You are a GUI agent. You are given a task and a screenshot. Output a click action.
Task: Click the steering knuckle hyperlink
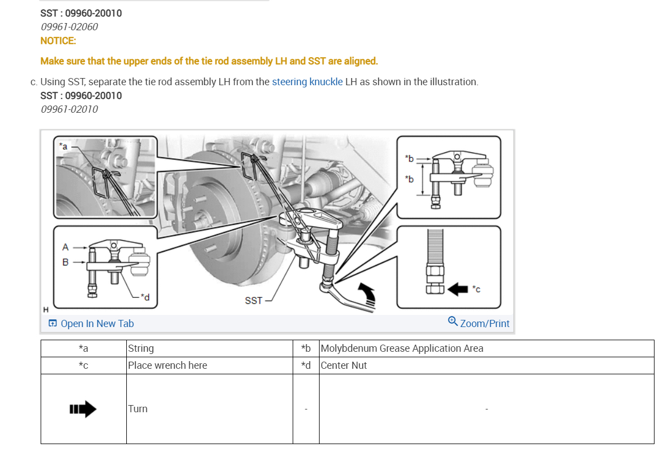coord(307,82)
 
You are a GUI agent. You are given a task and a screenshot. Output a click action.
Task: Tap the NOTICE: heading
coord(58,41)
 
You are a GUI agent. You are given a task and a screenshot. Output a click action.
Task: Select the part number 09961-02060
coord(69,26)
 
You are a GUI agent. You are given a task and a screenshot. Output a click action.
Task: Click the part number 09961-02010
coord(69,109)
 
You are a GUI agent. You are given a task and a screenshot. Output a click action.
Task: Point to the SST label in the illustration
coord(253,301)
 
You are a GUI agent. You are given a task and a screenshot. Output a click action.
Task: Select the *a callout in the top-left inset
coord(63,146)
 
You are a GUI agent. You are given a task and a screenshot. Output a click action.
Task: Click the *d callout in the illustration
coord(144,297)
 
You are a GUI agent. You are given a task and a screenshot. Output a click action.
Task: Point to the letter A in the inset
coord(65,247)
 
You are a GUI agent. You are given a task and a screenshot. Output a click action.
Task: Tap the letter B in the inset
coord(65,262)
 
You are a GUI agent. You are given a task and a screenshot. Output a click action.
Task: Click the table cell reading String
coord(141,348)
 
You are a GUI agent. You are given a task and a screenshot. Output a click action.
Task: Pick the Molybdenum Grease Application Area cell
coord(402,348)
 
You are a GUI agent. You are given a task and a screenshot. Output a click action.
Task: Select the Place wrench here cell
coord(167,366)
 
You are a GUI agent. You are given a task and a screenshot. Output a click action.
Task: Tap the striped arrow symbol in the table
coord(83,409)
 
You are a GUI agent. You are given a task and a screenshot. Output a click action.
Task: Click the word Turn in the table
coord(138,409)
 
